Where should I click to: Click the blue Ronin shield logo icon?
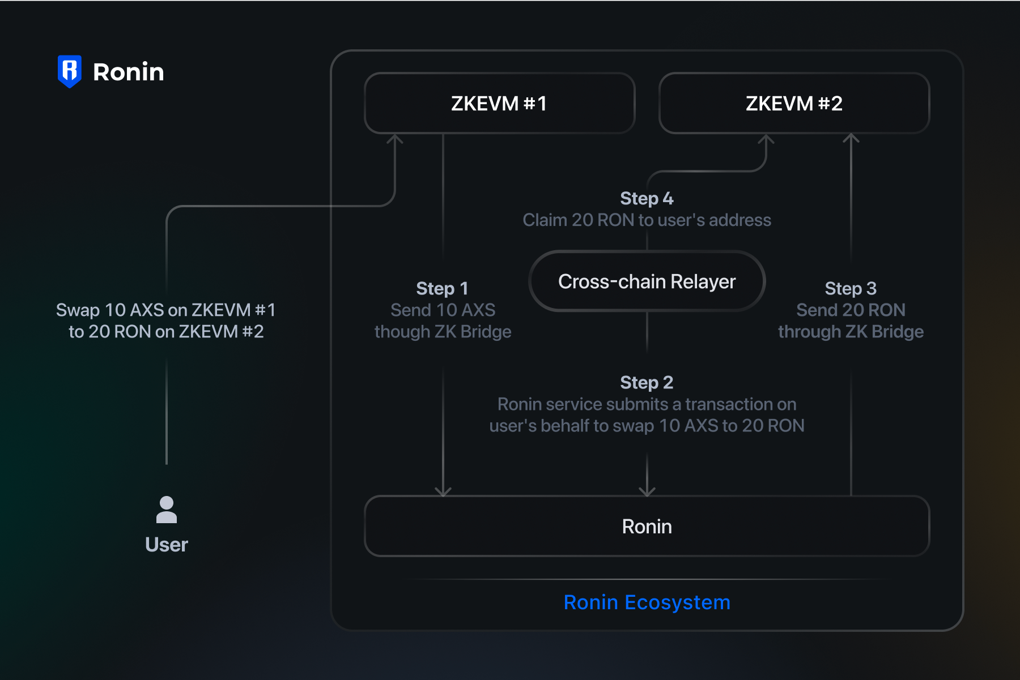click(70, 71)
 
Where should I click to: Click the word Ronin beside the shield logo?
click(129, 72)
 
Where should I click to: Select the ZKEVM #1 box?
click(499, 104)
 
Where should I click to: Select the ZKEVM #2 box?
click(794, 104)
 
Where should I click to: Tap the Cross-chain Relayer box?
click(647, 281)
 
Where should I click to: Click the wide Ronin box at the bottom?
click(647, 527)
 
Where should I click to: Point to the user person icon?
click(167, 510)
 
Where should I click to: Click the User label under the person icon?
click(167, 545)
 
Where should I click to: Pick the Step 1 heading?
click(442, 288)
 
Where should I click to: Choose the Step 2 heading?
click(647, 383)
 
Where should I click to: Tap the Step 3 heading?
click(851, 288)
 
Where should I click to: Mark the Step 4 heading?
click(647, 199)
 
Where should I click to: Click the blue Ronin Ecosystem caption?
click(647, 602)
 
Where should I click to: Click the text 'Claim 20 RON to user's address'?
click(647, 220)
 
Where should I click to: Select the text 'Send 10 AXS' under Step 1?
click(443, 310)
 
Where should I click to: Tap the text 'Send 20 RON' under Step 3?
click(851, 310)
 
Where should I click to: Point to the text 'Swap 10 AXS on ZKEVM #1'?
click(166, 310)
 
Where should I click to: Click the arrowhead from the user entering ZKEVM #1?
click(394, 139)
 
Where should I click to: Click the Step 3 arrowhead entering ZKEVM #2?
click(851, 138)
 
